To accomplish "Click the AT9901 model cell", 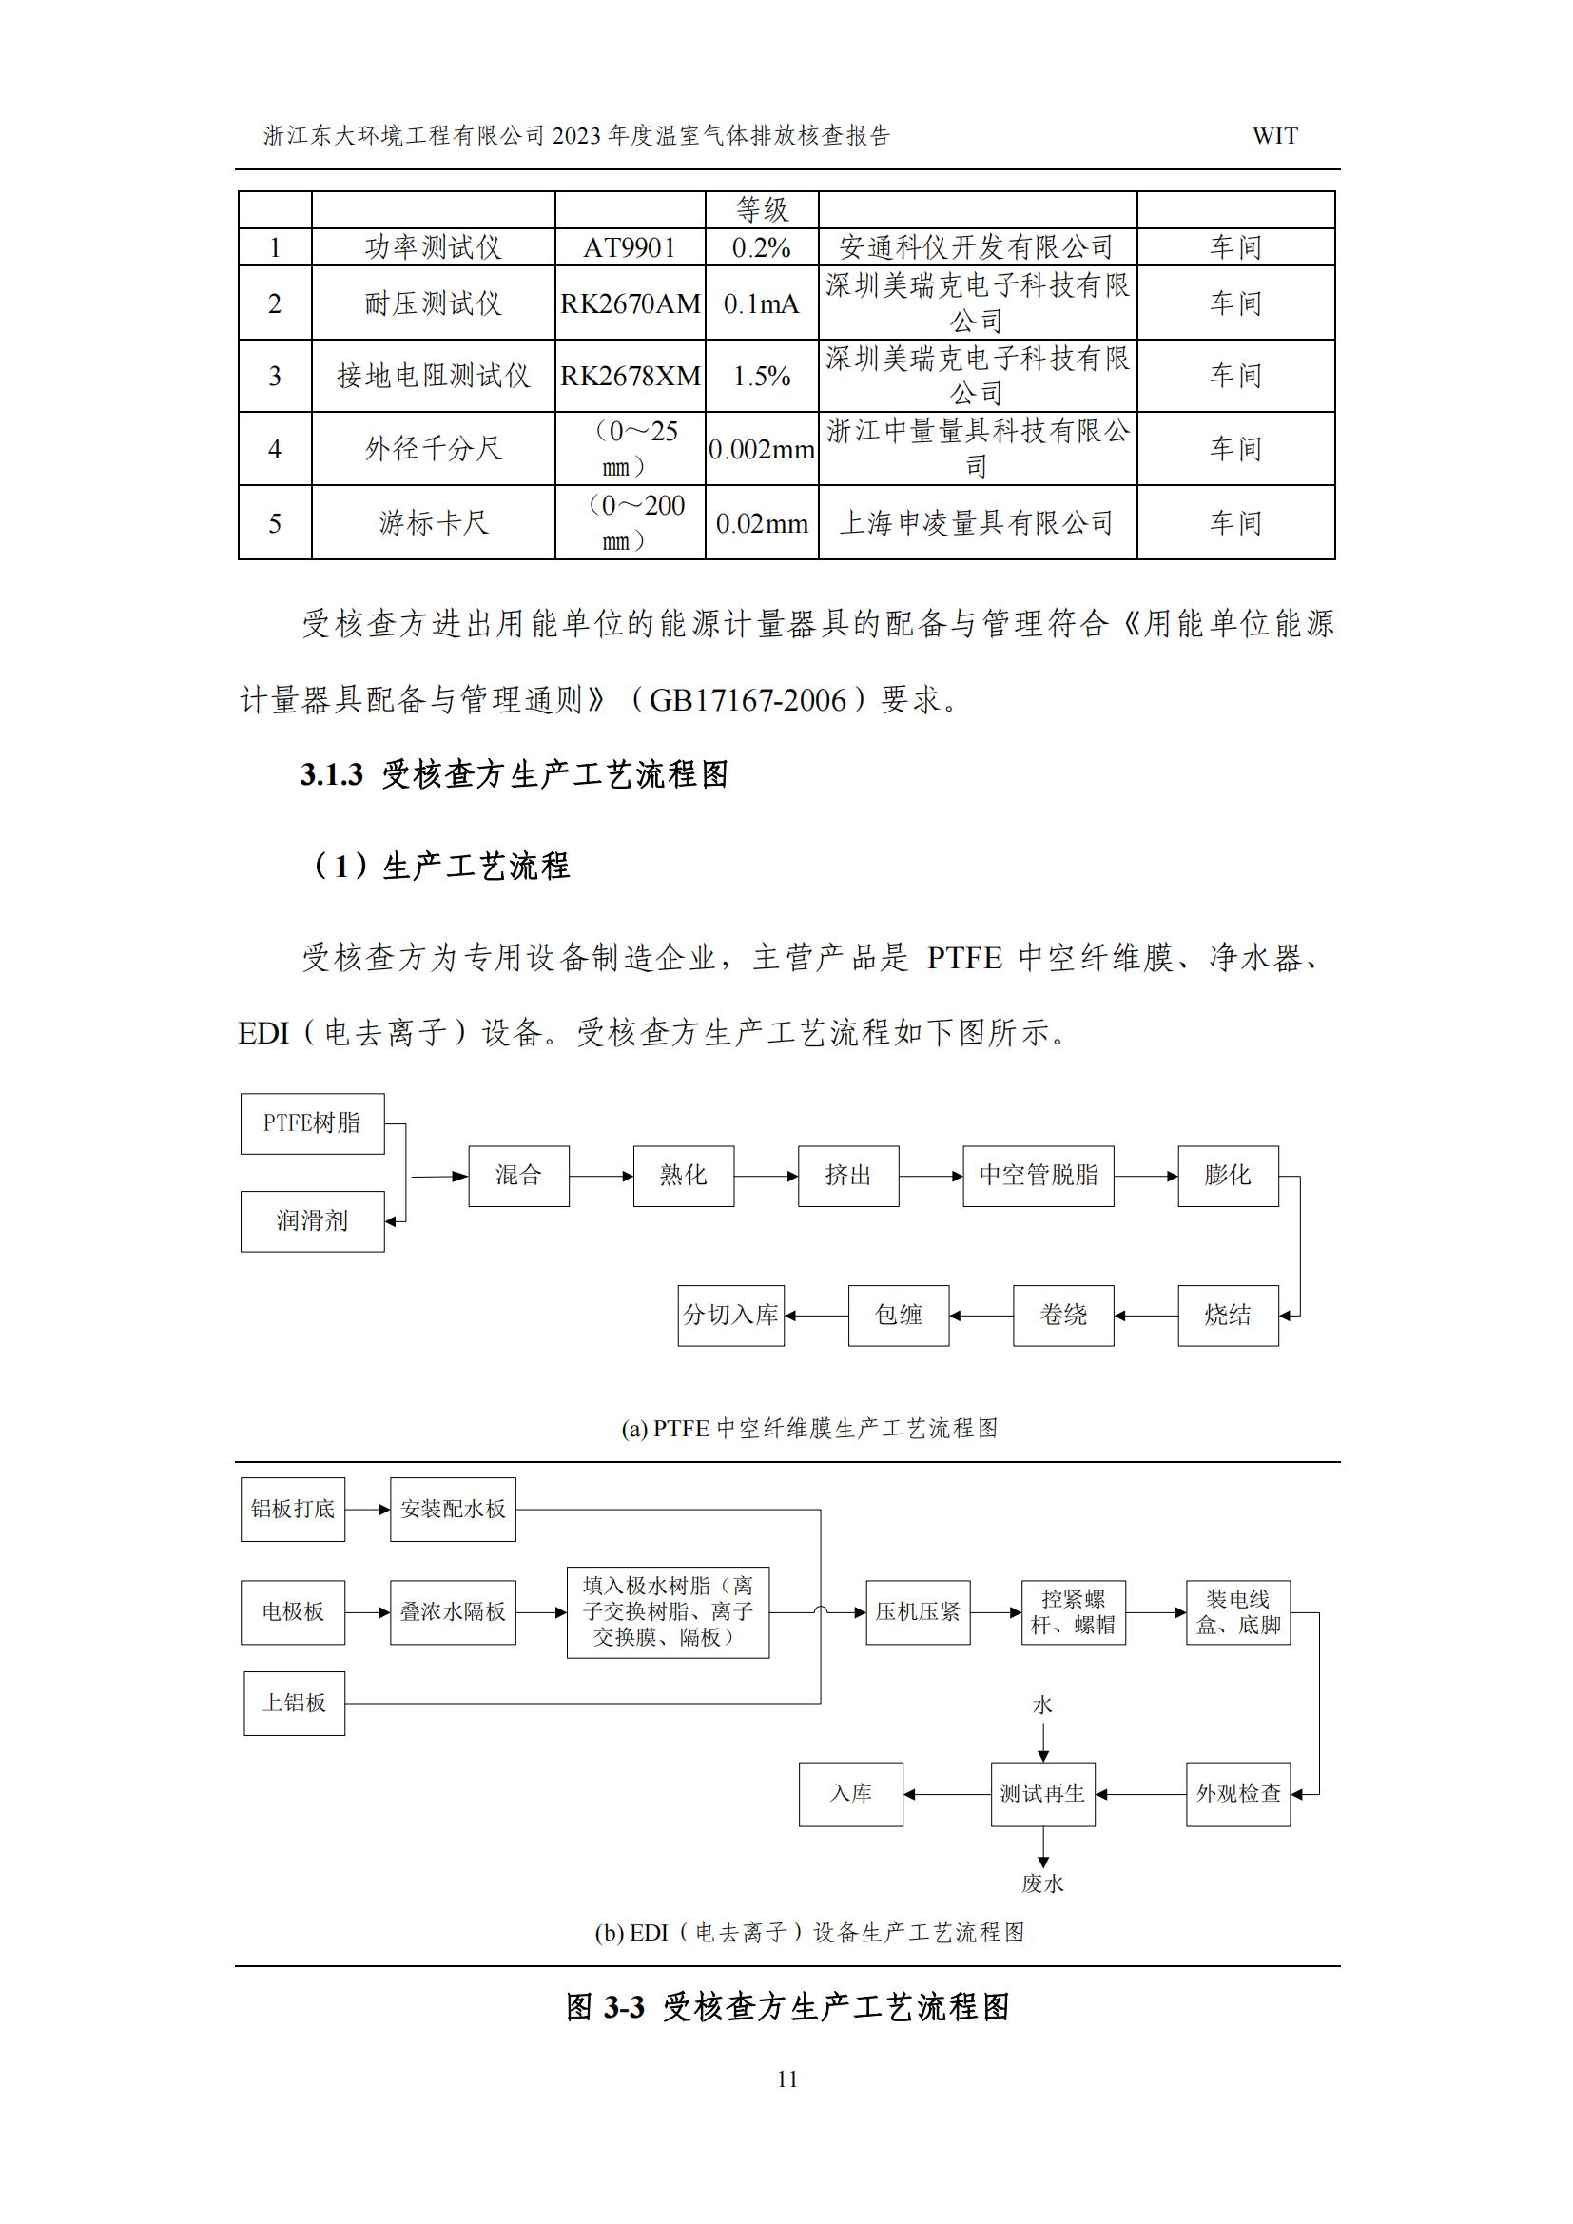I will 630,247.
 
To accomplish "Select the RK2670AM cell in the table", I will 630,303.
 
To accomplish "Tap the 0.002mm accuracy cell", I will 762,449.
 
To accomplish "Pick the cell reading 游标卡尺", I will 433,523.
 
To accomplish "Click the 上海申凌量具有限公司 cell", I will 977,523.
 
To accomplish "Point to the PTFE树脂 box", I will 312,1123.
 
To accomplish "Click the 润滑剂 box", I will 312,1220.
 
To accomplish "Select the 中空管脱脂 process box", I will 1038,1176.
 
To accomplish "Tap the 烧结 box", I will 1227,1316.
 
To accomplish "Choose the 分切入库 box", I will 730,1316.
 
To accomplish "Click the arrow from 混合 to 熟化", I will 601,1177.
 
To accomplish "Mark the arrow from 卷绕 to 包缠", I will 981,1316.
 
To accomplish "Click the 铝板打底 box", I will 293,1509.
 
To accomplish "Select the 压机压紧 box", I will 917,1612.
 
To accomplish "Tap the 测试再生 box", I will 1042,1794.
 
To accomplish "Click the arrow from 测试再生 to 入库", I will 947,1794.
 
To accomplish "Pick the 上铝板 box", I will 295,1703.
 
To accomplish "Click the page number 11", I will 786,2078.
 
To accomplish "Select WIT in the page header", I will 1274,137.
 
